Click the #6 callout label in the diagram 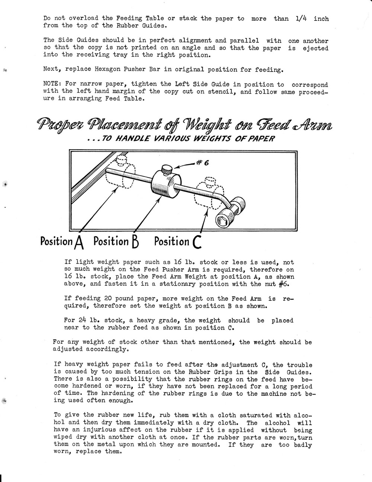point(203,162)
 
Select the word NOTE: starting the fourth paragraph point(52,84)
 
